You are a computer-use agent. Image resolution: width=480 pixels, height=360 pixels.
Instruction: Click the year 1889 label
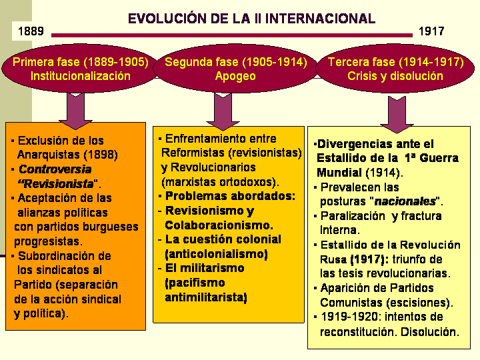pos(31,31)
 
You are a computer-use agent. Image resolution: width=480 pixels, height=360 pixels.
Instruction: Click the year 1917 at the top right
pos(431,31)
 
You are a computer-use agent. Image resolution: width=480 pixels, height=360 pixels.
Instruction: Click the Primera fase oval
pos(80,69)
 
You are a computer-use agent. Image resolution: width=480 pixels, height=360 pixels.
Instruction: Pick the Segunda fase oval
pos(235,69)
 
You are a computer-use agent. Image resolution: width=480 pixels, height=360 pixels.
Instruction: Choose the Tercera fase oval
pos(395,69)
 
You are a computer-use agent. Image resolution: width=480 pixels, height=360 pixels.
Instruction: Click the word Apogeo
pos(235,76)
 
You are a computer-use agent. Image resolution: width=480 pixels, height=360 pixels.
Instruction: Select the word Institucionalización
pos(81,76)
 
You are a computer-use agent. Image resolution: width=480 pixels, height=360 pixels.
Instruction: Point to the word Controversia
pos(55,169)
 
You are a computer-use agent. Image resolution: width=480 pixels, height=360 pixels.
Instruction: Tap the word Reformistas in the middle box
pos(191,153)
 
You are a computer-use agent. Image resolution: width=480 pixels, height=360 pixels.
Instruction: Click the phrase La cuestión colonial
pos(223,239)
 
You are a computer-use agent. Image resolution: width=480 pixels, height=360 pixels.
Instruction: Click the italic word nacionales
pos(406,201)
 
